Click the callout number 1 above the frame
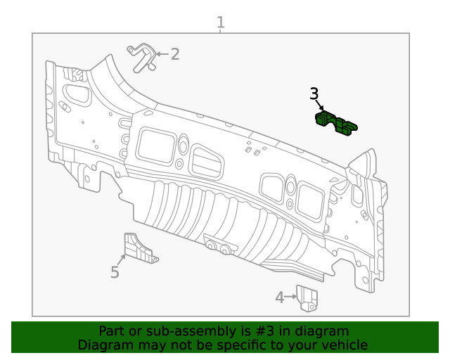pyautogui.click(x=221, y=22)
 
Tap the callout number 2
pyautogui.click(x=174, y=53)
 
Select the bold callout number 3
pyautogui.click(x=314, y=94)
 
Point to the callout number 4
pyautogui.click(x=279, y=297)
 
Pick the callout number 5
pyautogui.click(x=115, y=272)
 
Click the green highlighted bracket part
pyautogui.click(x=335, y=123)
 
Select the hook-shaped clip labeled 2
pyautogui.click(x=141, y=56)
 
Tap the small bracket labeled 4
pyautogui.click(x=307, y=297)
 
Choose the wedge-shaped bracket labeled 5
pyautogui.click(x=138, y=249)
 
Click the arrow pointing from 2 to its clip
pyautogui.click(x=161, y=53)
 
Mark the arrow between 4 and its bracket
pyautogui.click(x=290, y=297)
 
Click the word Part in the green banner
pyautogui.click(x=111, y=331)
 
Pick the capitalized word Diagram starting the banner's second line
pyautogui.click(x=103, y=345)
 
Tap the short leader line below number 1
pyautogui.click(x=221, y=31)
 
